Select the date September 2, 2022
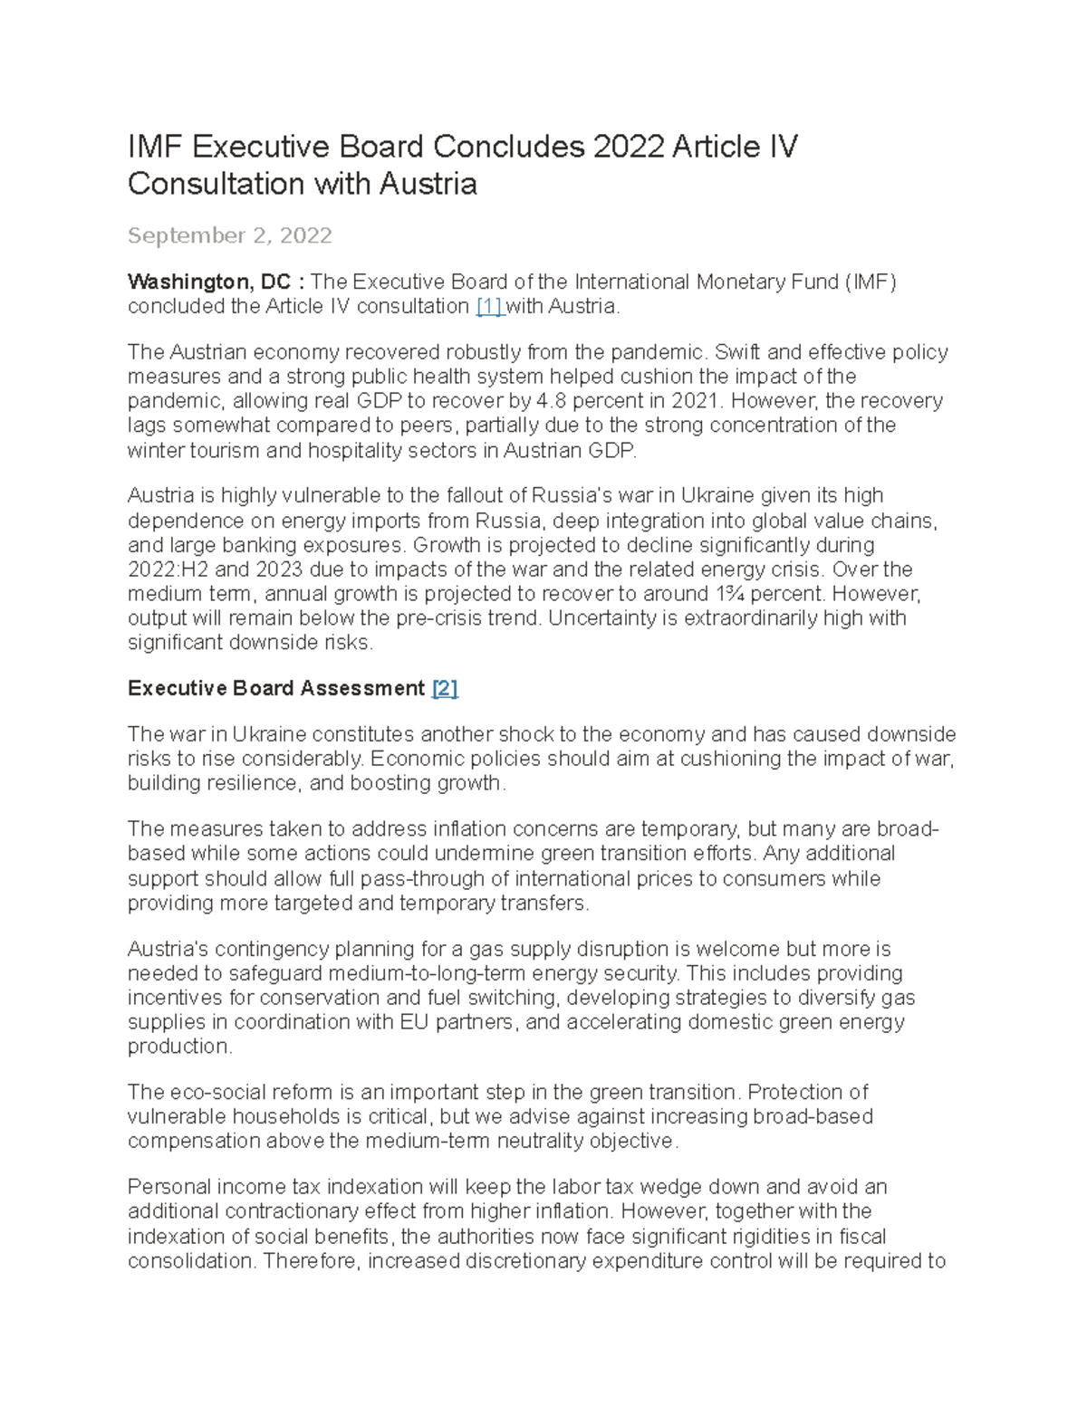pos(229,235)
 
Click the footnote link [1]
pos(489,307)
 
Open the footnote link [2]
pos(445,689)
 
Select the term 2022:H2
pos(168,570)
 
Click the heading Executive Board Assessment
pos(276,689)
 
